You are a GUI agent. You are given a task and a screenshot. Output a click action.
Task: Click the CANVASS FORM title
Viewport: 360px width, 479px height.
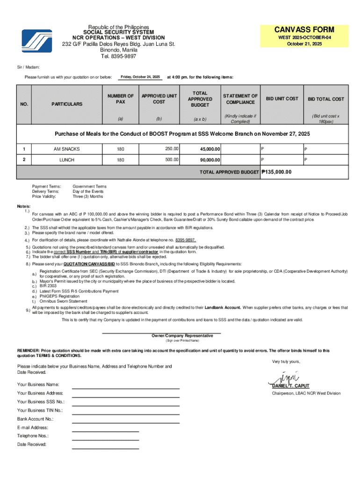pyautogui.click(x=304, y=29)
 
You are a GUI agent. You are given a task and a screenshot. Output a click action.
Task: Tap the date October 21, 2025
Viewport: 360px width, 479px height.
pyautogui.click(x=304, y=44)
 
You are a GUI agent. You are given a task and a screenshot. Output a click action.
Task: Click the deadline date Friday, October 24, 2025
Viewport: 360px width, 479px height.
pyautogui.click(x=140, y=77)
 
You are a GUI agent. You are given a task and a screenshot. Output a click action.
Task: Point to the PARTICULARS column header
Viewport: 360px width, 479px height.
pyautogui.click(x=67, y=104)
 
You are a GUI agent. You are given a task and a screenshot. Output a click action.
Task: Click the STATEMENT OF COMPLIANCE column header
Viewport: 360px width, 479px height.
pyautogui.click(x=240, y=99)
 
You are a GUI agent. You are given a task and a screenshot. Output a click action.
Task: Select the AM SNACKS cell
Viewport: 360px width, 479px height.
pyautogui.click(x=67, y=149)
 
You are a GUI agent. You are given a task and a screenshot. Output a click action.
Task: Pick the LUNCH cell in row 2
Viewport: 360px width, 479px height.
pyautogui.click(x=67, y=160)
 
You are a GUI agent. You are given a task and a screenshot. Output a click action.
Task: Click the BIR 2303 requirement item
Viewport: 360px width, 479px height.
pyautogui.click(x=49, y=286)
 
